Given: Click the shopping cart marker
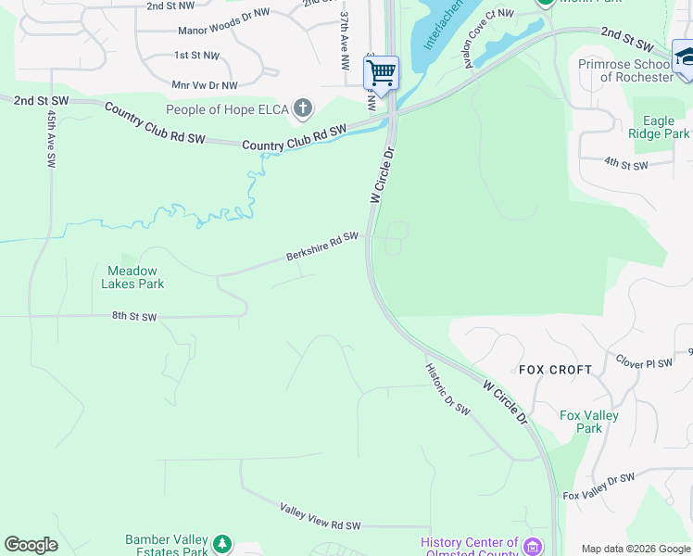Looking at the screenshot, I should coord(381,72).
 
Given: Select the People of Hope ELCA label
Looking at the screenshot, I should coord(227,110).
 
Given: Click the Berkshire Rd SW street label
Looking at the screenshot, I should coord(321,246).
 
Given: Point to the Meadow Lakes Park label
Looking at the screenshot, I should coord(132,277).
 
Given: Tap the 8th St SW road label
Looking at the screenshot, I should coord(134,317).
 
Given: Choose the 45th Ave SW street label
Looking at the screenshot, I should coord(50,140).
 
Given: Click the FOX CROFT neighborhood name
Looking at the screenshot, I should coord(555,370).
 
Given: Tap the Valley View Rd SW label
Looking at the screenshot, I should coord(320,516).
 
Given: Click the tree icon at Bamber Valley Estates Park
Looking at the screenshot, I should coord(221,543).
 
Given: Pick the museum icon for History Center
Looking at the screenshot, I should coord(533,546).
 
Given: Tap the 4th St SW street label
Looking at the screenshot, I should coord(625,164).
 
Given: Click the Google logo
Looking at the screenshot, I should coord(31,545).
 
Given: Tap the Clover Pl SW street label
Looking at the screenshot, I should coord(644,362).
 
